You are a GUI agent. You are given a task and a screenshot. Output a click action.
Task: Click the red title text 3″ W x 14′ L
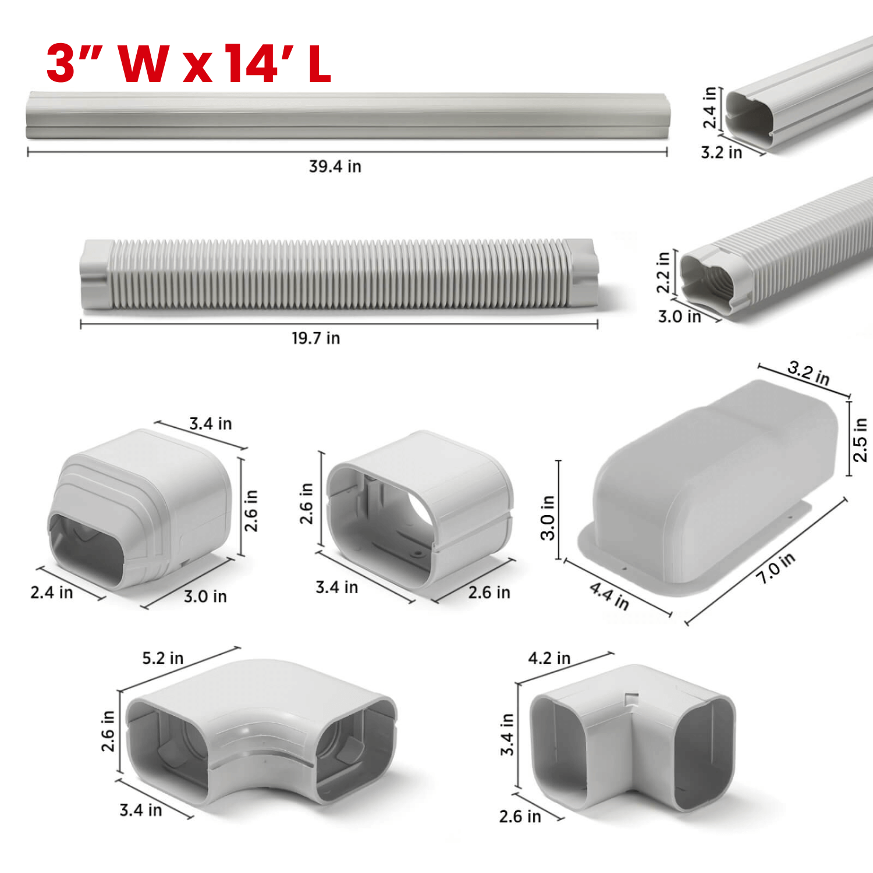tap(189, 63)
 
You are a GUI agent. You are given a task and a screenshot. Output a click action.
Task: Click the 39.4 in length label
tap(335, 166)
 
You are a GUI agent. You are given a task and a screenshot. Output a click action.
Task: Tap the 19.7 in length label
tap(315, 338)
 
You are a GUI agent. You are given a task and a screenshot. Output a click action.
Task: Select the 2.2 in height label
tap(663, 272)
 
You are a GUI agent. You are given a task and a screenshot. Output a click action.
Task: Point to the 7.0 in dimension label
tap(776, 568)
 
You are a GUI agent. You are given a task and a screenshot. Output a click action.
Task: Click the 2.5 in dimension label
tap(860, 440)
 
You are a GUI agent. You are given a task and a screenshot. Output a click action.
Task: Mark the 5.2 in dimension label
tap(162, 658)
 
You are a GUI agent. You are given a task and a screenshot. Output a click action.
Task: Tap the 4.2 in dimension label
tap(549, 658)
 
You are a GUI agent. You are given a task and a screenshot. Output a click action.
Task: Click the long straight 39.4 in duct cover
tap(347, 115)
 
